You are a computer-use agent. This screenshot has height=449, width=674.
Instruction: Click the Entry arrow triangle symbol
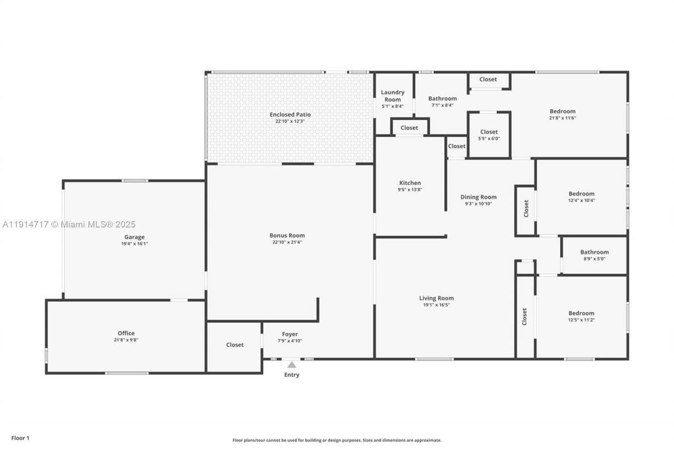pyautogui.click(x=292, y=364)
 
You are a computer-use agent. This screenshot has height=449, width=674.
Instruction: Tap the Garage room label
pyautogui.click(x=134, y=237)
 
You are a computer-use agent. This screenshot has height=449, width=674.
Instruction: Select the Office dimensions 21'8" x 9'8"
pyautogui.click(x=126, y=340)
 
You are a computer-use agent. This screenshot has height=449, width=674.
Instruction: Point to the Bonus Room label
pyautogui.click(x=287, y=235)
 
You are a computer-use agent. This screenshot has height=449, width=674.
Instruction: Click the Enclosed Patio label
pyautogui.click(x=290, y=114)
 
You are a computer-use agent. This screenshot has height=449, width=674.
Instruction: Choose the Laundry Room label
pyautogui.click(x=393, y=96)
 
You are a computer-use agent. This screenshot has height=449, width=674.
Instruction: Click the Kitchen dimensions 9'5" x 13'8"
pyautogui.click(x=410, y=189)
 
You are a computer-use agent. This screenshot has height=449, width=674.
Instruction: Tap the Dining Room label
pyautogui.click(x=478, y=197)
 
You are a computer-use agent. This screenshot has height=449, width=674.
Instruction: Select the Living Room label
pyautogui.click(x=436, y=298)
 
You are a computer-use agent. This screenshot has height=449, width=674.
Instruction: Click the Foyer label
pyautogui.click(x=290, y=334)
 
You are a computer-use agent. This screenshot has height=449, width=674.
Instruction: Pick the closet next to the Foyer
pyautogui.click(x=235, y=345)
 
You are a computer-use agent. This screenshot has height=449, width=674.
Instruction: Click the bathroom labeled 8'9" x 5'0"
pyautogui.click(x=594, y=255)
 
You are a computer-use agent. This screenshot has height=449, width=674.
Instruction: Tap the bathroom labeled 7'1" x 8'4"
pyautogui.click(x=442, y=101)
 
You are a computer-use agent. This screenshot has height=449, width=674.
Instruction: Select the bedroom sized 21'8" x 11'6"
pyautogui.click(x=562, y=114)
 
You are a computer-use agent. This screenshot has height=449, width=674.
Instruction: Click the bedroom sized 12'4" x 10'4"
pyautogui.click(x=581, y=196)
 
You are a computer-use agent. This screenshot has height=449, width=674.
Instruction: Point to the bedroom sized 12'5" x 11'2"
pyautogui.click(x=581, y=316)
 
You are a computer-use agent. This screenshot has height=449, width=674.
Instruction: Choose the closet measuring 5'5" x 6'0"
pyautogui.click(x=489, y=135)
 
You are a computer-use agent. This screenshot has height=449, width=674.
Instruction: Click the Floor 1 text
pyautogui.click(x=21, y=437)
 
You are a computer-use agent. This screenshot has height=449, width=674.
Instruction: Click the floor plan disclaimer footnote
pyautogui.click(x=337, y=440)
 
